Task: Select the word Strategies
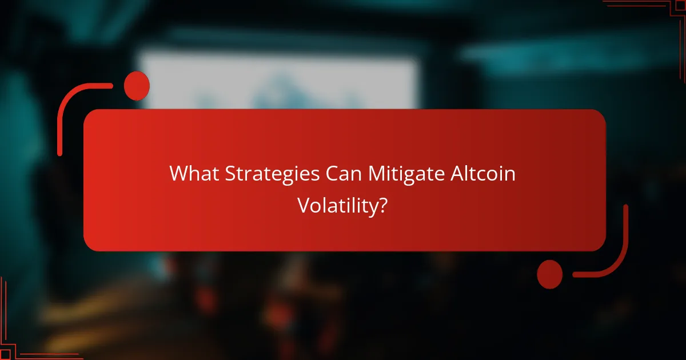(x=271, y=174)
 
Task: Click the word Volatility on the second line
(x=337, y=206)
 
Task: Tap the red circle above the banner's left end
(x=137, y=86)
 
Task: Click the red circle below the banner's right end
(x=549, y=274)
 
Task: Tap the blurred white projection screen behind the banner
(x=280, y=80)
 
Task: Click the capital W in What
(x=178, y=174)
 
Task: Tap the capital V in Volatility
(x=303, y=206)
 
